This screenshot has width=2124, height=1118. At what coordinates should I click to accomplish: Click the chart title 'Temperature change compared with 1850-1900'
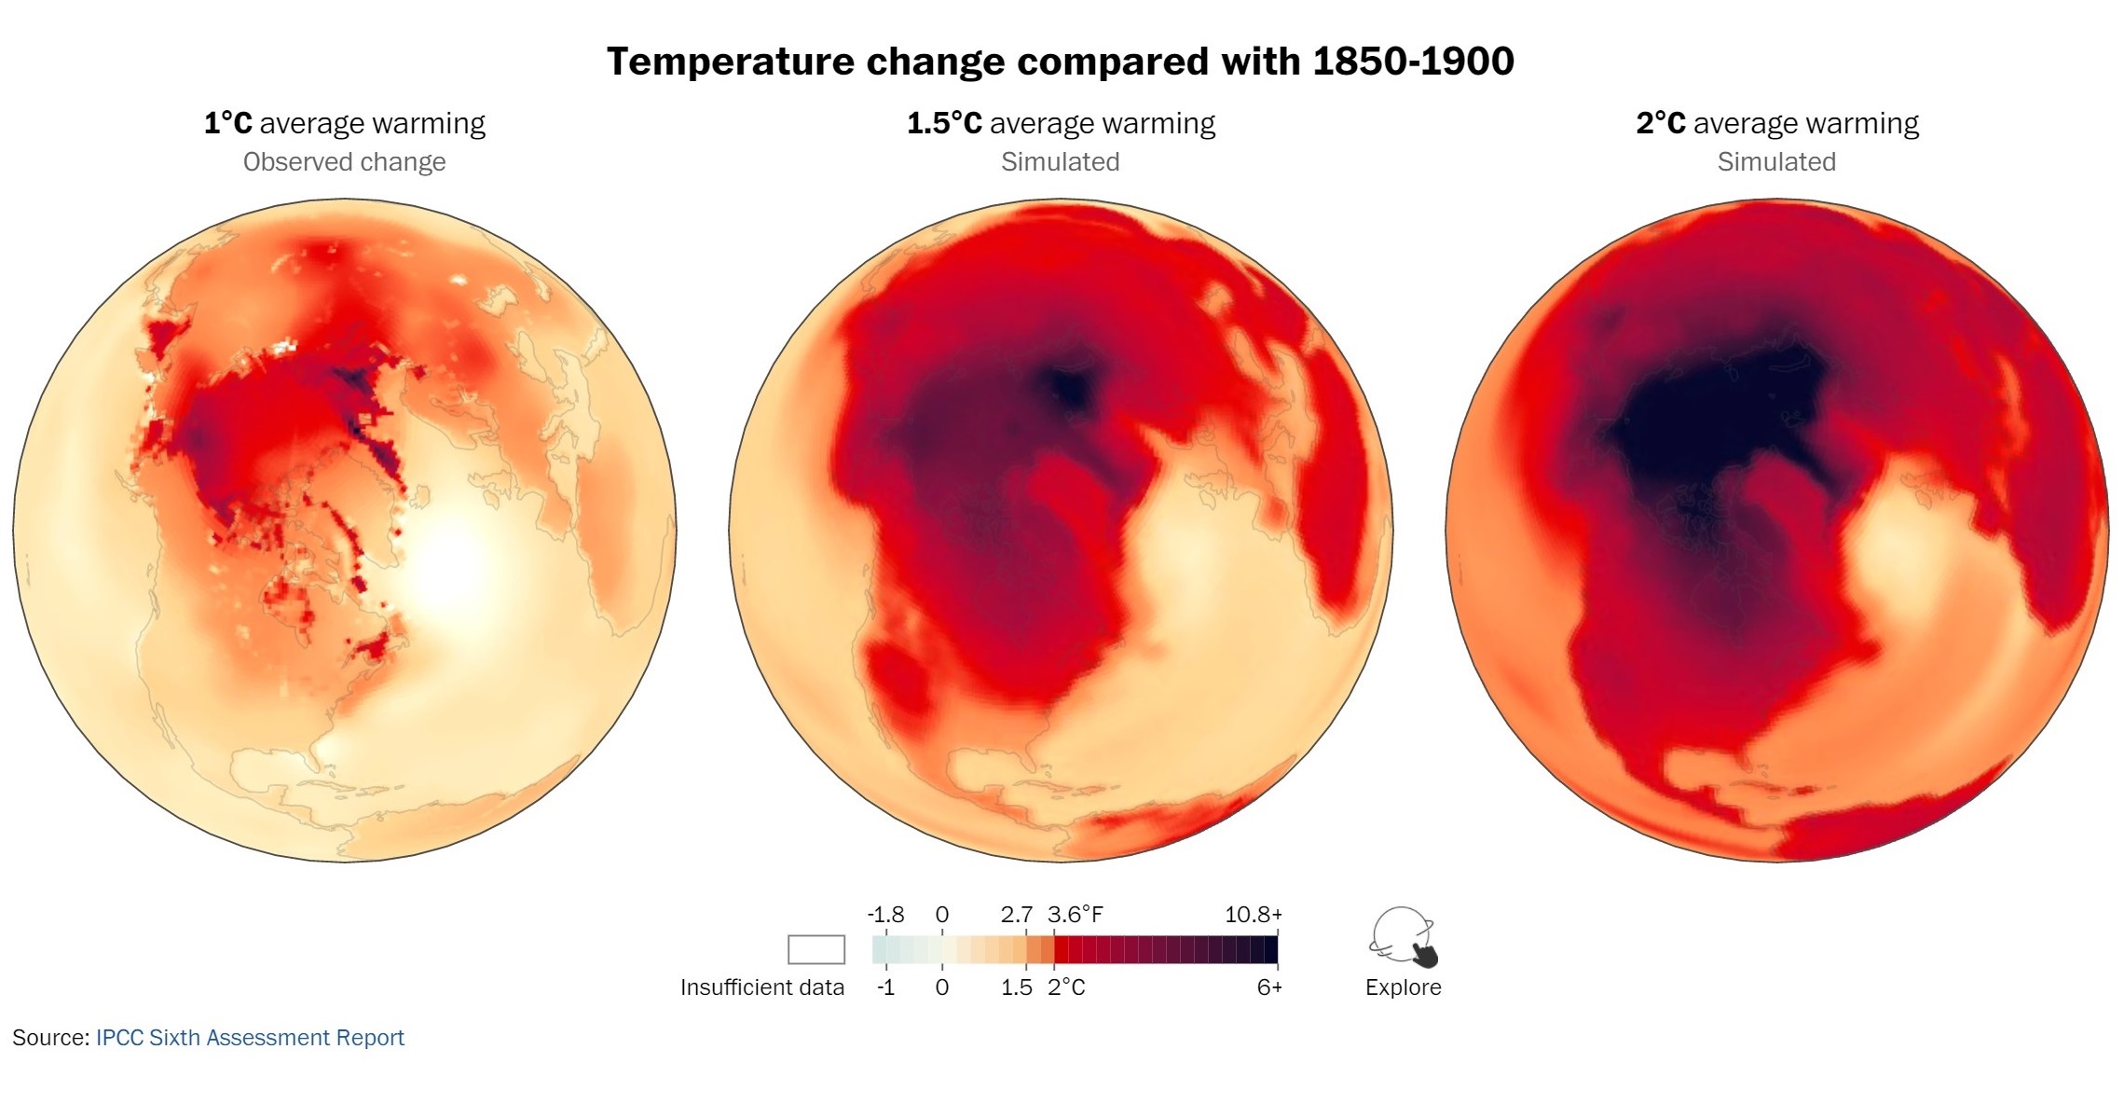pos(1061,62)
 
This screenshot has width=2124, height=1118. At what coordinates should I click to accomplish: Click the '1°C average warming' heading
pos(344,123)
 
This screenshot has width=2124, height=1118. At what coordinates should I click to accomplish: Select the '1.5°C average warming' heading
pos(1061,123)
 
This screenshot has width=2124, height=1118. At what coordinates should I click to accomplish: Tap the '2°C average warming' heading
pos(1776,123)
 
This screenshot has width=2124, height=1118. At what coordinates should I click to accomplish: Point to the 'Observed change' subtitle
pos(344,162)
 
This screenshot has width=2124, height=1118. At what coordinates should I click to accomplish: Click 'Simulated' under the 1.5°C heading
pos(1060,162)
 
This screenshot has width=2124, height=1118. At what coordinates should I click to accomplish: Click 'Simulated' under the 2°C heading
pos(1776,162)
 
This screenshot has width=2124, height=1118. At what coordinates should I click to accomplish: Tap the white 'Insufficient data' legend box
pos(815,949)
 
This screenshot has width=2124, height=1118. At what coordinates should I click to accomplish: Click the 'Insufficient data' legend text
pos(761,987)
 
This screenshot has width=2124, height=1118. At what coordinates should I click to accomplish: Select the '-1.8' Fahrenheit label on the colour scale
pos(885,915)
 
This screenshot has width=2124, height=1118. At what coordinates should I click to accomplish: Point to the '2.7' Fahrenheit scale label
pos(1016,915)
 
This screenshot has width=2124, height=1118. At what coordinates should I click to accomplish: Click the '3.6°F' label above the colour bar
pos(1075,915)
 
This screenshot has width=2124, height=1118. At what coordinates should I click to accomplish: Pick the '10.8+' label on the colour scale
pos(1253,915)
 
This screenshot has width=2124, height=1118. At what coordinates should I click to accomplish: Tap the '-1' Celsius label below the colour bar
pos(885,987)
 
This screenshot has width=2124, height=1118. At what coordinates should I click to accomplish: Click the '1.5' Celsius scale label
pos(1016,987)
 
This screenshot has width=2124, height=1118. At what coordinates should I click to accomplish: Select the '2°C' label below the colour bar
pos(1066,987)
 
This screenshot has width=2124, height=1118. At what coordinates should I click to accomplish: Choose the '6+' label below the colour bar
pos(1268,987)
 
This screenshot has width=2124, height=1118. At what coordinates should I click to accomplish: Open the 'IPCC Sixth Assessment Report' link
pos(250,1038)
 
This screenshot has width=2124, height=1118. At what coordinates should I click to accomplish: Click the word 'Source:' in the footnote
pos(50,1038)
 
